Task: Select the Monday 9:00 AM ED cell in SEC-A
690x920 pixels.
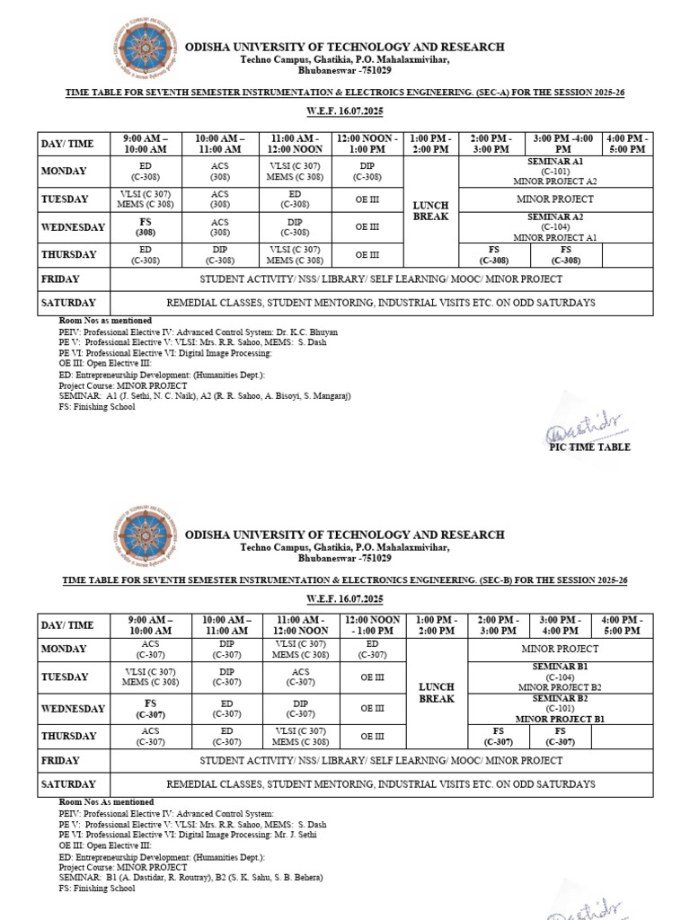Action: pos(146,171)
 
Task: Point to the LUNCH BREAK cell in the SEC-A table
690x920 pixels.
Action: pos(431,211)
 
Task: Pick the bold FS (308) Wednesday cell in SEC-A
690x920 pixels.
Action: pos(146,226)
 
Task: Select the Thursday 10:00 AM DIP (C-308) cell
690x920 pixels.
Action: pos(220,255)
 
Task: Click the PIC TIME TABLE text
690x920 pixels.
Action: pos(589,447)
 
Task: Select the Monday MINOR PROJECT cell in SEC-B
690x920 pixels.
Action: pos(560,649)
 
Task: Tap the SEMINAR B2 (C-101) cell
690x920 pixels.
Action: pos(560,708)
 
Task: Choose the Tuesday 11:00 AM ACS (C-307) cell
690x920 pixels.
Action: pos(295,677)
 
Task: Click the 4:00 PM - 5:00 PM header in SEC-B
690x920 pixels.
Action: pos(622,625)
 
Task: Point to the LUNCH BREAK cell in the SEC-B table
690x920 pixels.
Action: pos(438,693)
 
